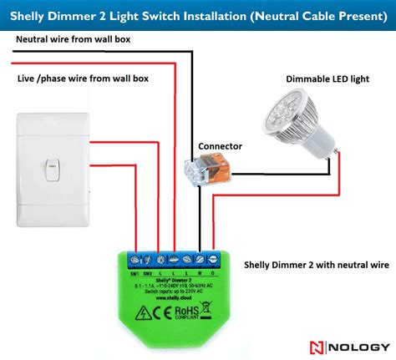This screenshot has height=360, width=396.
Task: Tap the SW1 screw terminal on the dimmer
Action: tap(134, 261)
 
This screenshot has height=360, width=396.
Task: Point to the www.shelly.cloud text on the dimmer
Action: tap(173, 297)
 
